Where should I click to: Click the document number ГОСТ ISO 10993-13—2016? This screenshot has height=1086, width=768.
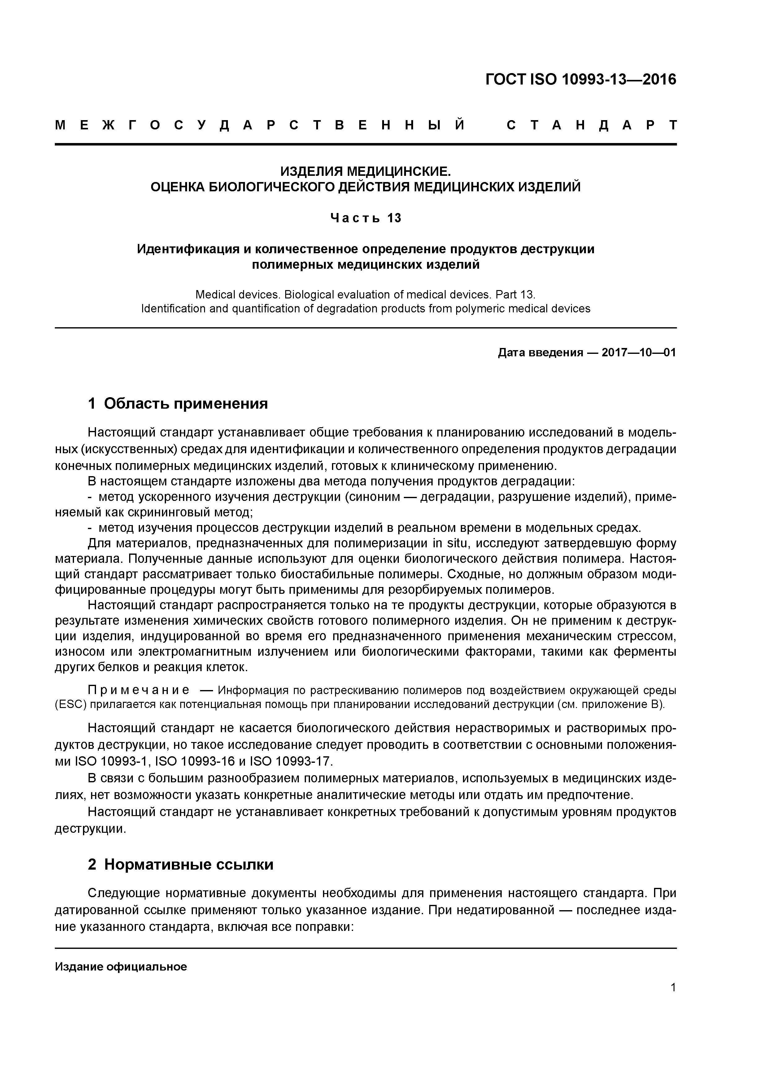click(x=581, y=80)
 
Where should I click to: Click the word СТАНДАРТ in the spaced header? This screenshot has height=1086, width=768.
click(x=591, y=125)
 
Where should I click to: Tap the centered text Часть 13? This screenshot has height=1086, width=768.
click(x=365, y=218)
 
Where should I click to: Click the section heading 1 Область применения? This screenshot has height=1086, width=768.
click(x=178, y=403)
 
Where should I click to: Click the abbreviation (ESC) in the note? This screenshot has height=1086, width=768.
click(x=71, y=704)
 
